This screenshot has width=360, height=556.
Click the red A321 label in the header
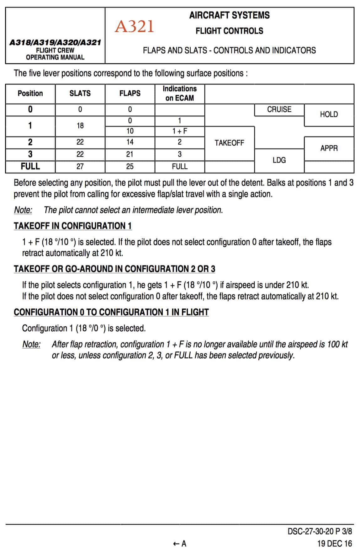tap(134, 26)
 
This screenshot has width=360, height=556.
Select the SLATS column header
tap(80, 94)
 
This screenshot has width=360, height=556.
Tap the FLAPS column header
tap(130, 94)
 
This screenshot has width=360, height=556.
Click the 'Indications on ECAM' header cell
tap(179, 94)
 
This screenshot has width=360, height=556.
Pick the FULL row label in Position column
tap(30, 166)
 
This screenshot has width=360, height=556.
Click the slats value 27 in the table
tap(80, 166)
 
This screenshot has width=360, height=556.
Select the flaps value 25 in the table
tap(130, 166)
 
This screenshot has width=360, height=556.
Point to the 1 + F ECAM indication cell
tap(179, 131)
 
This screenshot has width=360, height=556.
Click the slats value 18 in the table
tap(80, 126)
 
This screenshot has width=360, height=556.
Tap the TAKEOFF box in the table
tap(229, 143)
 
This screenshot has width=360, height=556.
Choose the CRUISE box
tap(279, 110)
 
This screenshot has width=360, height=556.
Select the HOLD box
tap(329, 115)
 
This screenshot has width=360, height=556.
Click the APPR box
tap(329, 148)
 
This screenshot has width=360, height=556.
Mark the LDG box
tap(279, 160)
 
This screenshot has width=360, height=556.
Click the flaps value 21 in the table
tap(130, 154)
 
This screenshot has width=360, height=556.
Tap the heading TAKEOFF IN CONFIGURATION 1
tap(72, 226)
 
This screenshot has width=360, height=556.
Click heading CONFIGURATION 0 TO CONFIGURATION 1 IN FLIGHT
tap(111, 312)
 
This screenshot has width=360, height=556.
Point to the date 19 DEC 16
tap(334, 544)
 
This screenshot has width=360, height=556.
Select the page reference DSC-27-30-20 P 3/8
tap(320, 532)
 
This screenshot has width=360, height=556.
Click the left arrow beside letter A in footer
tap(176, 544)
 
